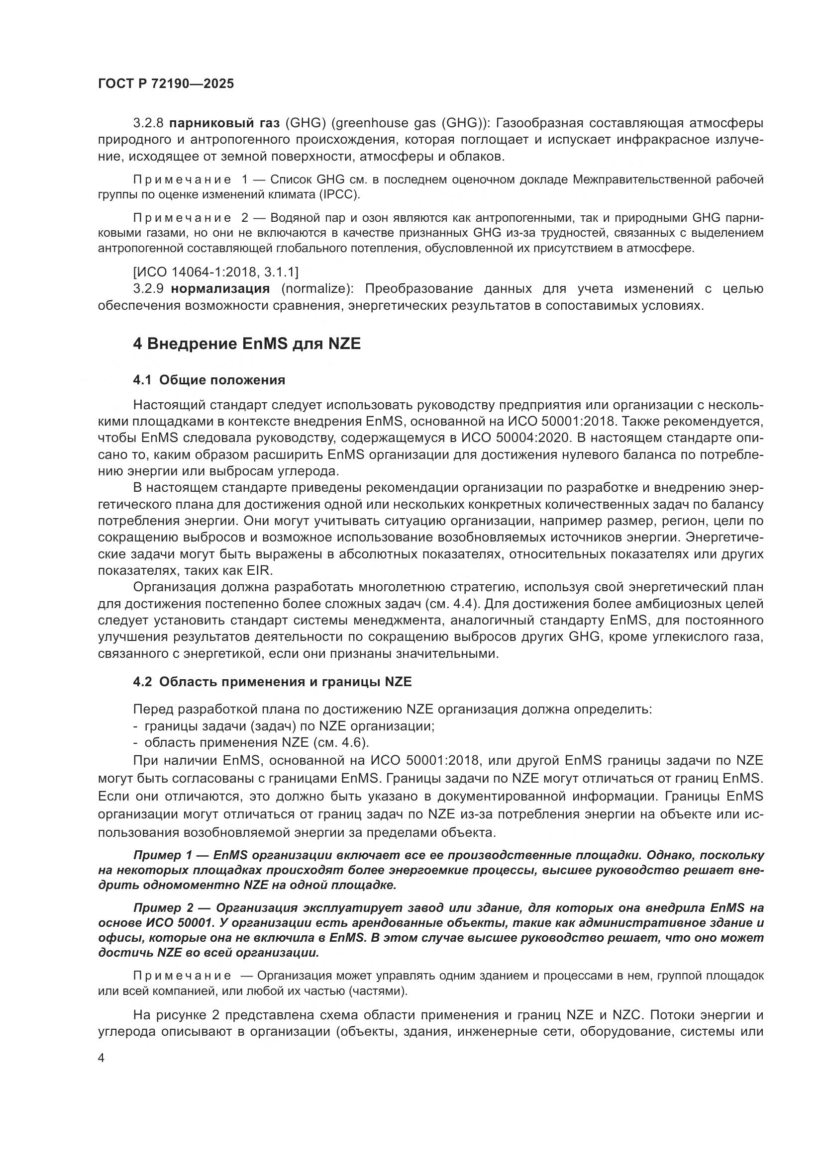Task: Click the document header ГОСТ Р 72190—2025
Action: [166, 84]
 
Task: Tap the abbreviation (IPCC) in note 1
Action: [339, 194]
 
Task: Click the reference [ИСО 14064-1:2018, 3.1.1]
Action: [215, 272]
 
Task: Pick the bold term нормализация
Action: [220, 289]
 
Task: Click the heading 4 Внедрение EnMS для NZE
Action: [246, 344]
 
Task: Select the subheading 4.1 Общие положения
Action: [209, 380]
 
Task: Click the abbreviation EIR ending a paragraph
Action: [259, 570]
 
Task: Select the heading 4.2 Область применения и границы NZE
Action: [272, 682]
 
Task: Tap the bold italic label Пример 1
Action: [163, 856]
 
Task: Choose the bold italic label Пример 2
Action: [163, 908]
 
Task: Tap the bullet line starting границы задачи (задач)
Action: [284, 726]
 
